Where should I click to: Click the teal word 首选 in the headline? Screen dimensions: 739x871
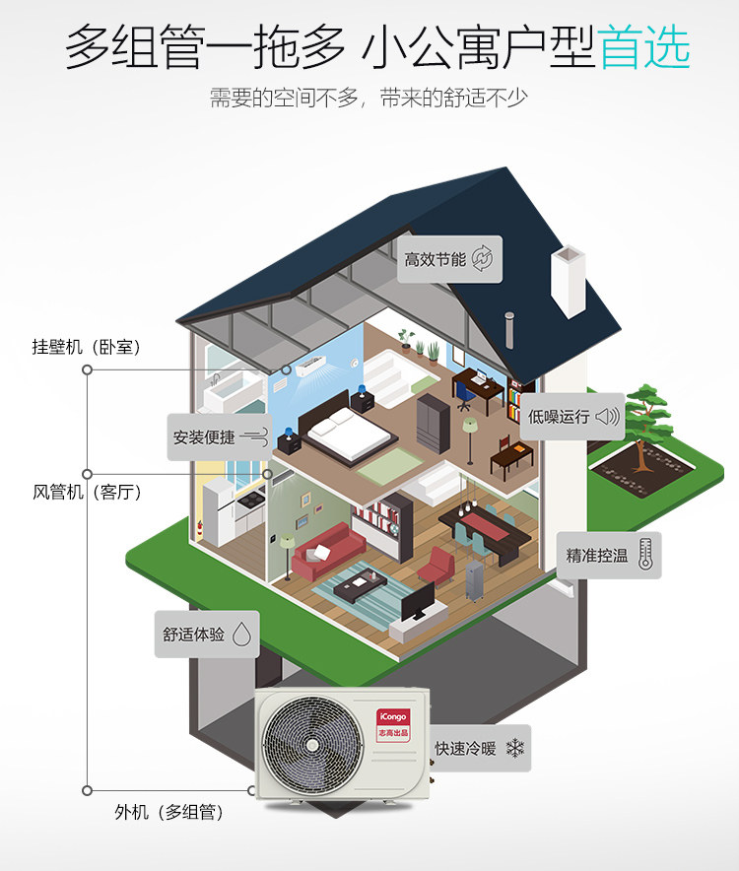pos(644,47)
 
